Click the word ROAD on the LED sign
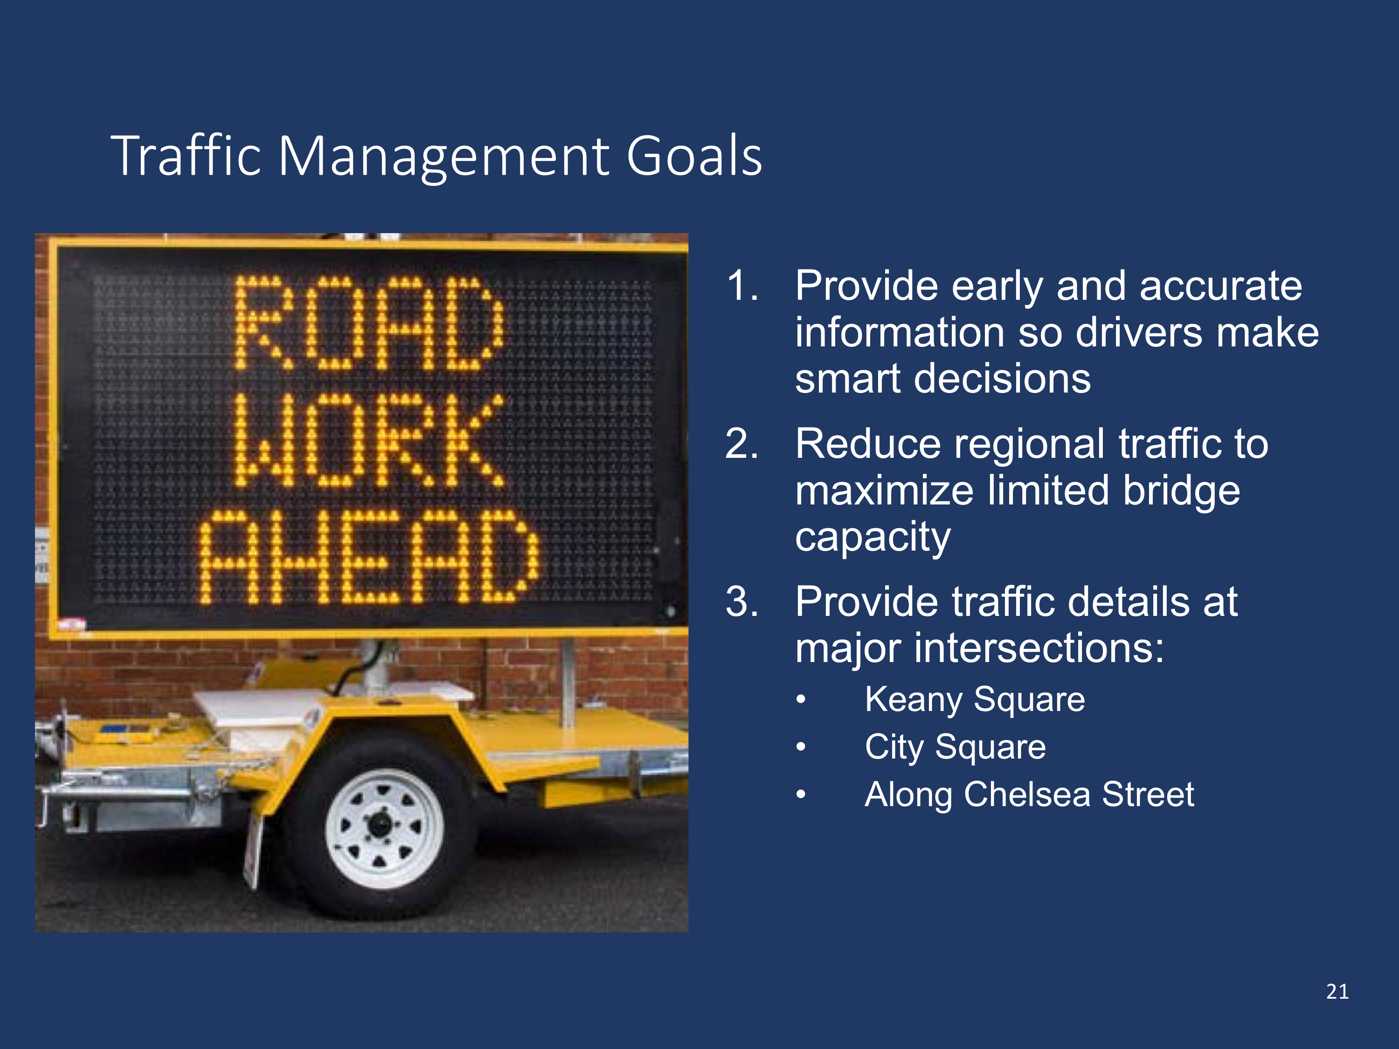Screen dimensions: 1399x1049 pyautogui.click(x=370, y=323)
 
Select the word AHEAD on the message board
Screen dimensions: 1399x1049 pyautogui.click(x=369, y=556)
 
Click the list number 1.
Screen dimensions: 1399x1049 pyautogui.click(x=743, y=286)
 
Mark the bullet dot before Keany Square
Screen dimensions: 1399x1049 pyautogui.click(x=801, y=700)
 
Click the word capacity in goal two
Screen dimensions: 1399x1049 pyautogui.click(x=873, y=538)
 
